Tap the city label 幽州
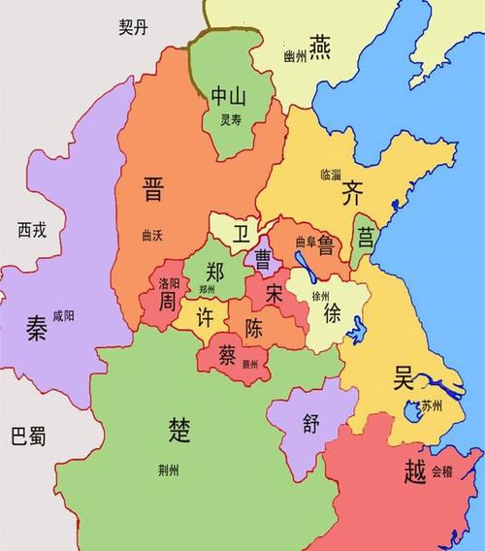(295, 57)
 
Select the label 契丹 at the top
(135, 27)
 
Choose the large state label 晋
(152, 188)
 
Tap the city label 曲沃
(152, 235)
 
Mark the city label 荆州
(168, 470)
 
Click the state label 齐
(351, 193)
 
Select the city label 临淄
(330, 176)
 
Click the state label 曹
(262, 257)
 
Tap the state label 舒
(310, 423)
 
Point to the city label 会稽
(441, 471)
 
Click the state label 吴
(403, 377)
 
